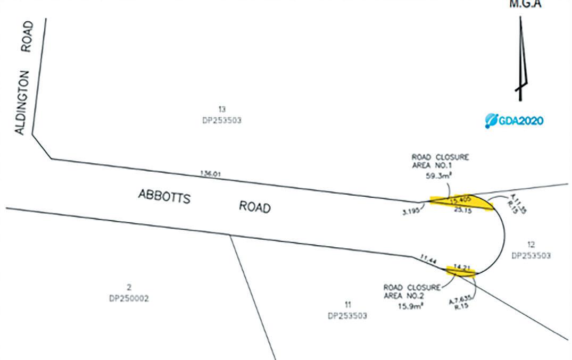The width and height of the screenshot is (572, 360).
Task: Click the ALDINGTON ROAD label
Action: [26, 78]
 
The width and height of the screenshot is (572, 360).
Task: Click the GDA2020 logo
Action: [514, 121]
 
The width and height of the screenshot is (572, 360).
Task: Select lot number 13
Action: [222, 110]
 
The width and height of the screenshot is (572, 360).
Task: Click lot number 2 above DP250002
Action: [129, 288]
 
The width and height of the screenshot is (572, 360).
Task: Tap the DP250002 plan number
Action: [129, 298]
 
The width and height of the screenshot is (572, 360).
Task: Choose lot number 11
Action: [347, 305]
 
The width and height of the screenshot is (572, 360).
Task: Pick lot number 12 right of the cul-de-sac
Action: [531, 245]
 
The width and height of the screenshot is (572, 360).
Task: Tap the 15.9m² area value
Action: [410, 306]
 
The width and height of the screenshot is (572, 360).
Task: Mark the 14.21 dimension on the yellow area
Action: [460, 267]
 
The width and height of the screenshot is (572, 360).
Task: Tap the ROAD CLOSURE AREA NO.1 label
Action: [440, 162]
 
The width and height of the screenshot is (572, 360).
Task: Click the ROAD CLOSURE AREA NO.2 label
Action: [412, 292]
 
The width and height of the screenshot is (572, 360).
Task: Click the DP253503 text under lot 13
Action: [222, 120]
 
